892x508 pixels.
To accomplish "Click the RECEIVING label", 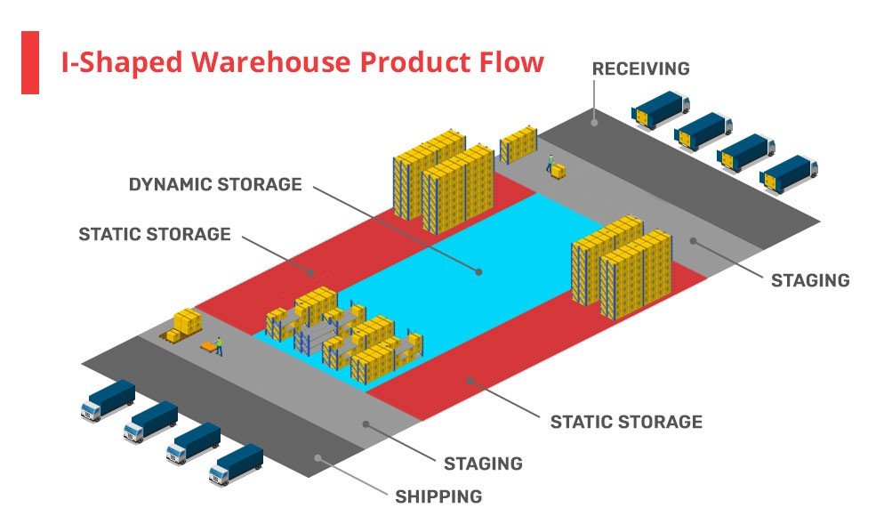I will pos(640,69).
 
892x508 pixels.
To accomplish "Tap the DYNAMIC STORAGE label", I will pos(215,185).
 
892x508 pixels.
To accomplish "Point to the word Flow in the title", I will pos(510,62).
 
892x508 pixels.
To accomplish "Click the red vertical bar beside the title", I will pos(29,62).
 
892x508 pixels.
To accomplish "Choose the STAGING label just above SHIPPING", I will pos(483,464).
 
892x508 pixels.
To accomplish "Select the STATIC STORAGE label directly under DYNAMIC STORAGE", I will pos(155,235).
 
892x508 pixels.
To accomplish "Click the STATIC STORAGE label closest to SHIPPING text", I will pos(626,421).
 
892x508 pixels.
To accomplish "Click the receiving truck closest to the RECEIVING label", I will pos(660,109).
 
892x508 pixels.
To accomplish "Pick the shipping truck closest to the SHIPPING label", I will pos(236,464).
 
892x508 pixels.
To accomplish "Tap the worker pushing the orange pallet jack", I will pos(219,345).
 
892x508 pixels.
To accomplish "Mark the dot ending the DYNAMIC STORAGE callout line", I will pos(478,271).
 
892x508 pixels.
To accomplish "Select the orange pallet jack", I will pos(208,347).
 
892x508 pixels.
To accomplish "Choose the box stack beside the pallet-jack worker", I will pos(185,323).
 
